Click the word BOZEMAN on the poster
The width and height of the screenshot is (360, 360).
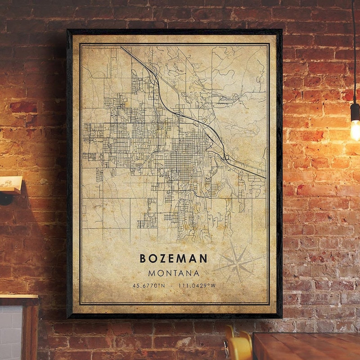[173, 258]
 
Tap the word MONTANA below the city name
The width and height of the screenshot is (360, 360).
[173, 273]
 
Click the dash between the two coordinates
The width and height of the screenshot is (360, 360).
[173, 286]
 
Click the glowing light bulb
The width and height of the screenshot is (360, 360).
[355, 130]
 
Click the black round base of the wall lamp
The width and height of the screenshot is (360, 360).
[5, 198]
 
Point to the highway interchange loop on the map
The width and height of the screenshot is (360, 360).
[226, 157]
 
